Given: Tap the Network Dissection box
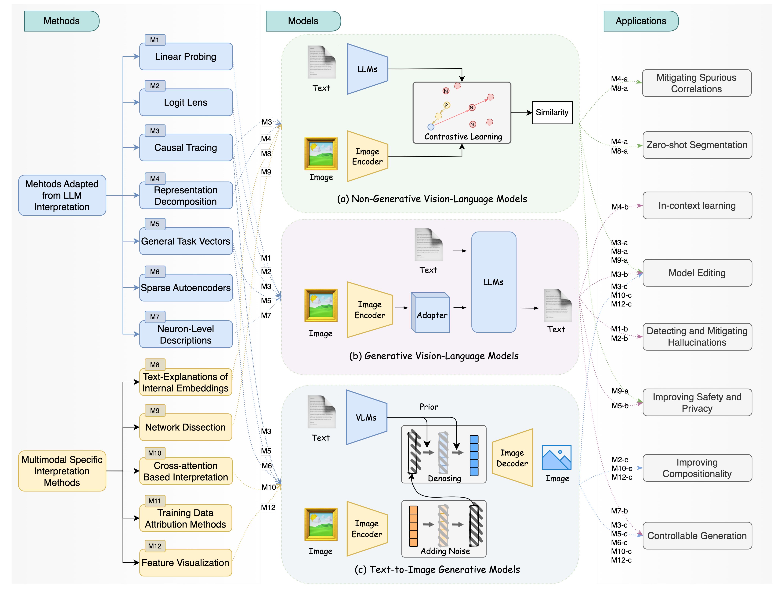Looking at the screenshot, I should pyautogui.click(x=185, y=427).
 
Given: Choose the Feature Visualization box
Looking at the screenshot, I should pyautogui.click(x=185, y=562).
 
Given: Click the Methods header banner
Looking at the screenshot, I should pyautogui.click(x=62, y=21).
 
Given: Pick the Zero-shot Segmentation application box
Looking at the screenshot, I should pyautogui.click(x=697, y=145).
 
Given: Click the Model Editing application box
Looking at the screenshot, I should pyautogui.click(x=697, y=273).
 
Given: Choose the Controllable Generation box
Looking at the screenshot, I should pyautogui.click(x=697, y=536).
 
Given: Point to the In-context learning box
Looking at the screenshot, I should pyautogui.click(x=697, y=206).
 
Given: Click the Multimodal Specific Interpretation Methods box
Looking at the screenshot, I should pyautogui.click(x=62, y=471).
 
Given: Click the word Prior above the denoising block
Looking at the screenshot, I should pyautogui.click(x=429, y=407).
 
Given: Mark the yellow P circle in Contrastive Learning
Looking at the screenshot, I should pyautogui.click(x=446, y=105).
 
